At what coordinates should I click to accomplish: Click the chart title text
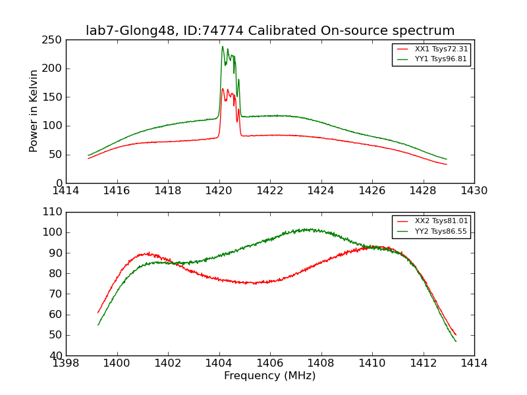click(x=270, y=31)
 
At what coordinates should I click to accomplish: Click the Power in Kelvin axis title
click(x=34, y=111)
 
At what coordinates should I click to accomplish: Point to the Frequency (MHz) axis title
click(x=270, y=376)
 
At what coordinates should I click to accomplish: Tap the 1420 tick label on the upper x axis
click(x=219, y=191)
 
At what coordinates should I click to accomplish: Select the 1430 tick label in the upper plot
click(x=474, y=191)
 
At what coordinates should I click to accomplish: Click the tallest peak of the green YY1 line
click(x=223, y=46)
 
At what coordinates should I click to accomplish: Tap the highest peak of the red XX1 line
click(x=223, y=89)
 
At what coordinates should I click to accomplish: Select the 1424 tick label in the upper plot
click(x=321, y=191)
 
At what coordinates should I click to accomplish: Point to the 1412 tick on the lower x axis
click(x=423, y=363)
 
